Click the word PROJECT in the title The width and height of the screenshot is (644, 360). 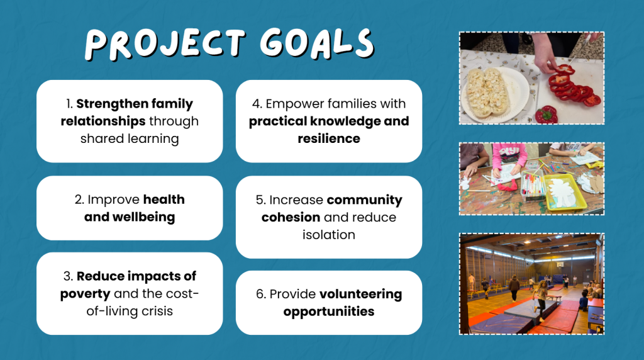pyautogui.click(x=165, y=43)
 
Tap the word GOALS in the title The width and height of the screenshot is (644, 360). pyautogui.click(x=317, y=43)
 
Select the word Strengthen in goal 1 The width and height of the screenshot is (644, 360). pyautogui.click(x=106, y=104)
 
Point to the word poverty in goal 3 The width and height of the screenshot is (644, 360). pyautogui.click(x=85, y=295)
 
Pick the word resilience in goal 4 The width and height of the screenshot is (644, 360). pyautogui.click(x=328, y=138)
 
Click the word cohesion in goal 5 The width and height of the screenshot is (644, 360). pyautogui.click(x=291, y=217)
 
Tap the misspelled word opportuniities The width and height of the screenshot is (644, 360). pyautogui.click(x=328, y=312)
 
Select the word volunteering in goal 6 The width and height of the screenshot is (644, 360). pyautogui.click(x=360, y=295)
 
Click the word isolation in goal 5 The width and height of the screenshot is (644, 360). pyautogui.click(x=328, y=235)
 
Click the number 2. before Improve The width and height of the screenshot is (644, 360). pyautogui.click(x=79, y=200)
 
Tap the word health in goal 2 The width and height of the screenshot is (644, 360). pyautogui.click(x=164, y=200)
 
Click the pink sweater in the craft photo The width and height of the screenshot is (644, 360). pyautogui.click(x=509, y=155)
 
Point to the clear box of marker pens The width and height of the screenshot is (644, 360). pyautogui.click(x=533, y=186)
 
